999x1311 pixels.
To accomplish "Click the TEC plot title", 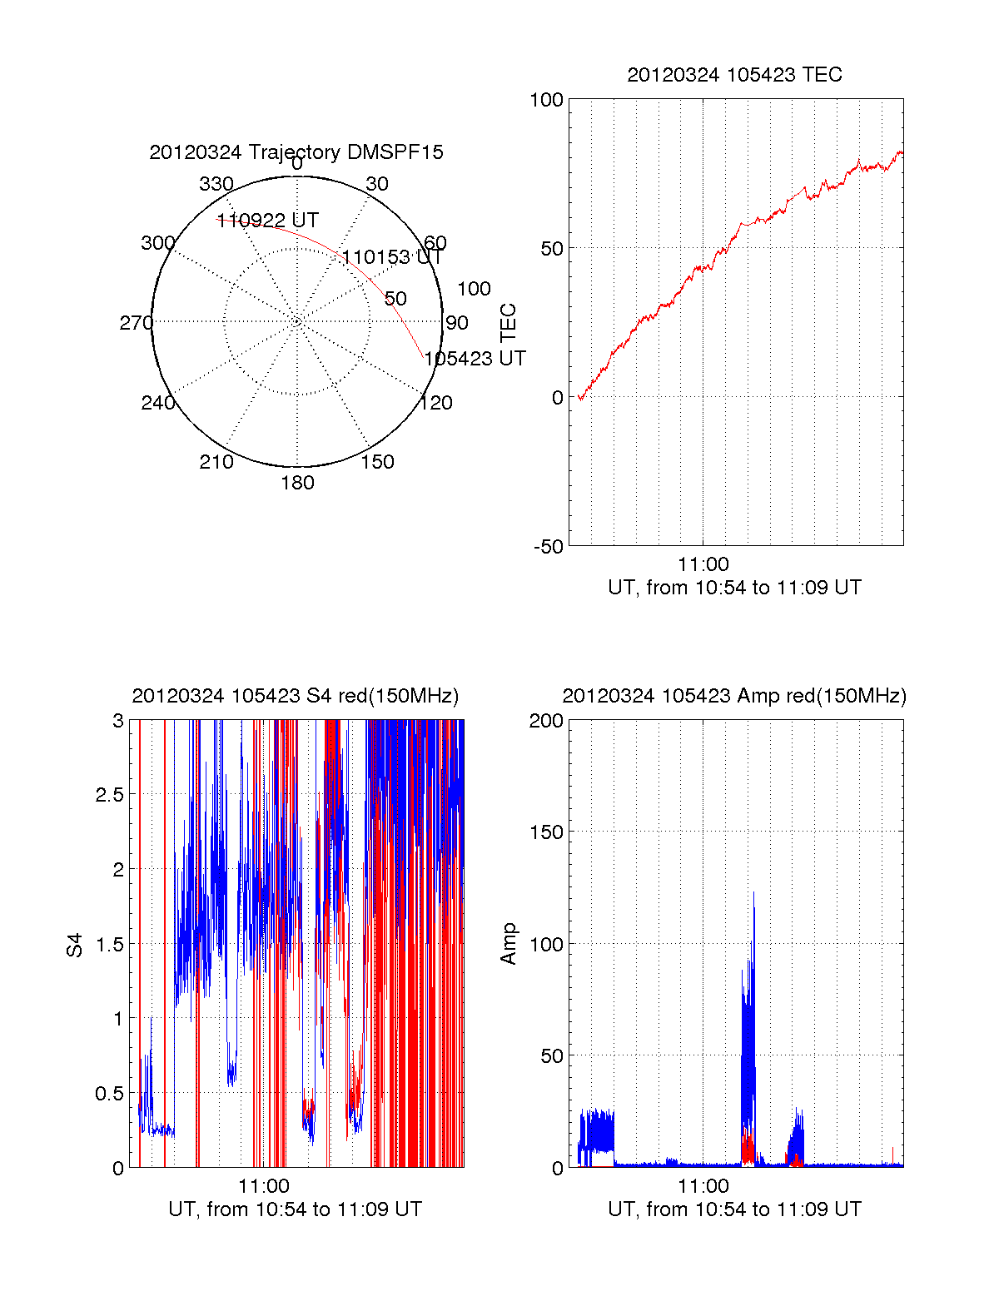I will [734, 75].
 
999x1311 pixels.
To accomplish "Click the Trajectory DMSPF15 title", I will [296, 152].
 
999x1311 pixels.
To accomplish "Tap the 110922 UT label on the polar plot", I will [267, 221].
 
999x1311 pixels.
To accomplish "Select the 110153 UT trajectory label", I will [392, 257].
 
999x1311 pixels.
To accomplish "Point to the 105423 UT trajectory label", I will [475, 359].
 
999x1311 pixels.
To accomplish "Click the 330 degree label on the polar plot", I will [216, 184].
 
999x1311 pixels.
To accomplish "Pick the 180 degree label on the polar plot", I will [297, 483].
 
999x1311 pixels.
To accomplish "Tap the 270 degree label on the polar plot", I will [137, 323].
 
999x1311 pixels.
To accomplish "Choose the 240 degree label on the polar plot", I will [158, 403].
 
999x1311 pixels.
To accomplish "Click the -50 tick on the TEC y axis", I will [549, 547].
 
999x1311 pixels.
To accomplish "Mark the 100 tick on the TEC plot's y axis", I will [547, 100].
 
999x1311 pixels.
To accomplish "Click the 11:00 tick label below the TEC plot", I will [703, 565].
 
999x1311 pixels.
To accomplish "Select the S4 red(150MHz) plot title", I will [296, 696].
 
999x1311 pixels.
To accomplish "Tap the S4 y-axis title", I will [76, 946].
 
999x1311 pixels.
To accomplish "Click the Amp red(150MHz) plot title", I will [734, 696].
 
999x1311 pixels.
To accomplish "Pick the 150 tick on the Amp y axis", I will [547, 832].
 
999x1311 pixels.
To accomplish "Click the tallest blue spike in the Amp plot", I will [754, 895].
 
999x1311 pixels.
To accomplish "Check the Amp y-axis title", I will [509, 944].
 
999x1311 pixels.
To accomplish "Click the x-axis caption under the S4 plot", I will [296, 1209].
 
